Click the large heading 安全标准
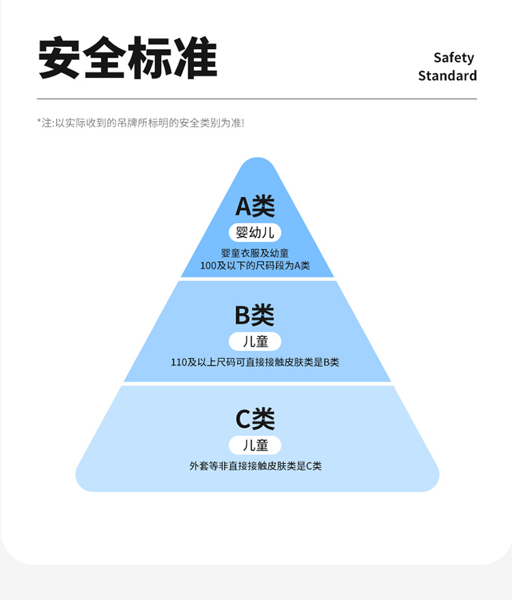tap(128, 58)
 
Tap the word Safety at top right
tap(453, 57)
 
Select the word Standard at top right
tap(447, 76)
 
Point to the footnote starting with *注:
tap(140, 123)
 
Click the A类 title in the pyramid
tap(255, 206)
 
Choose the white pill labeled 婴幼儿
tap(255, 232)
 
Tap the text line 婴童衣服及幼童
tap(255, 253)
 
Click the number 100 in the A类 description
tap(208, 265)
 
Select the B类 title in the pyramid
tap(255, 315)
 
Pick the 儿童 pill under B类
tap(255, 341)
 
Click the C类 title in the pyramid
tap(255, 419)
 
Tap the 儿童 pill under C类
tap(255, 446)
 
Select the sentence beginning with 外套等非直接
tap(255, 466)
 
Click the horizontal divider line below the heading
tap(257, 99)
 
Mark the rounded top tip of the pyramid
tap(257, 163)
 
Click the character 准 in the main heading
tap(195, 58)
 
